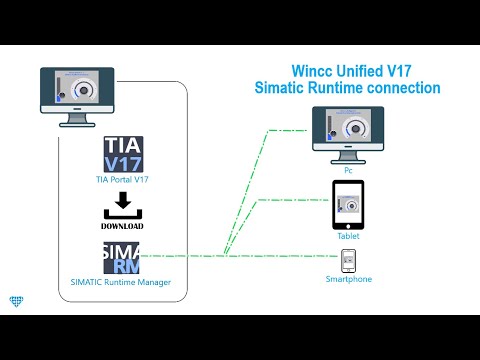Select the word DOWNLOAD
(x=123, y=225)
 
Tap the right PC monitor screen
(x=349, y=127)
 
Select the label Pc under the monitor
(x=349, y=171)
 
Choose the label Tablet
(x=349, y=236)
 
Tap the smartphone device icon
(x=349, y=259)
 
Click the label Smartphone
(x=349, y=279)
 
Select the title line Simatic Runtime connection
(x=347, y=88)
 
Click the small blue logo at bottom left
(x=14, y=301)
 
